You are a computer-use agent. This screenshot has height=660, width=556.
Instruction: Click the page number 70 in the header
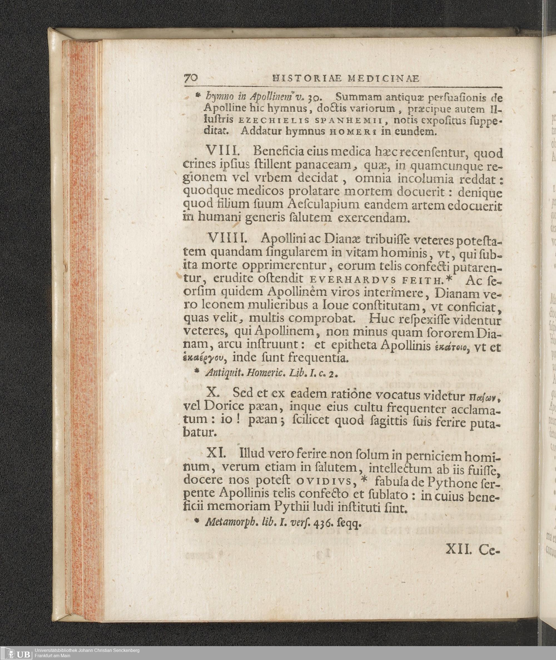click(x=191, y=78)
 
